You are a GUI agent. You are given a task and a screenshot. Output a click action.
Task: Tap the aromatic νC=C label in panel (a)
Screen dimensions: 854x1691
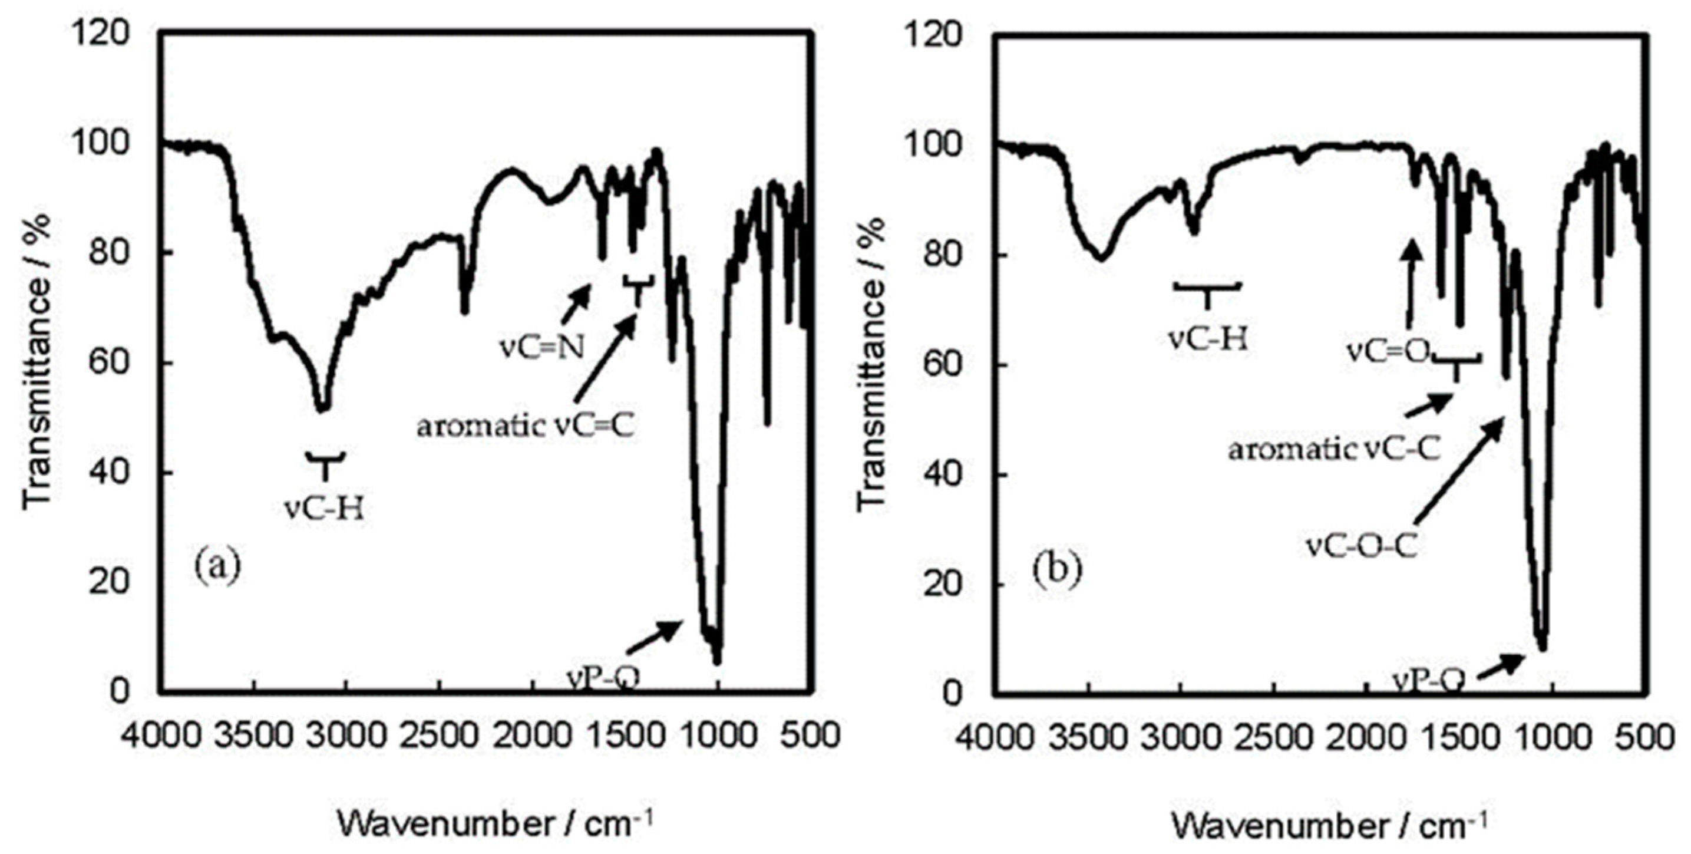[x=526, y=427]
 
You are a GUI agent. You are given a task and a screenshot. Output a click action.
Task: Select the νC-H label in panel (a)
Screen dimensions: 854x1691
[x=324, y=508]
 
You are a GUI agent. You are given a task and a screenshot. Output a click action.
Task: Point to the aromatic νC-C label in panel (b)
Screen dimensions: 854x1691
[x=1335, y=450]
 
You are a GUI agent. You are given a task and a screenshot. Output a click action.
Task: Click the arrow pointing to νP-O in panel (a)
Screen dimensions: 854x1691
[x=653, y=637]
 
